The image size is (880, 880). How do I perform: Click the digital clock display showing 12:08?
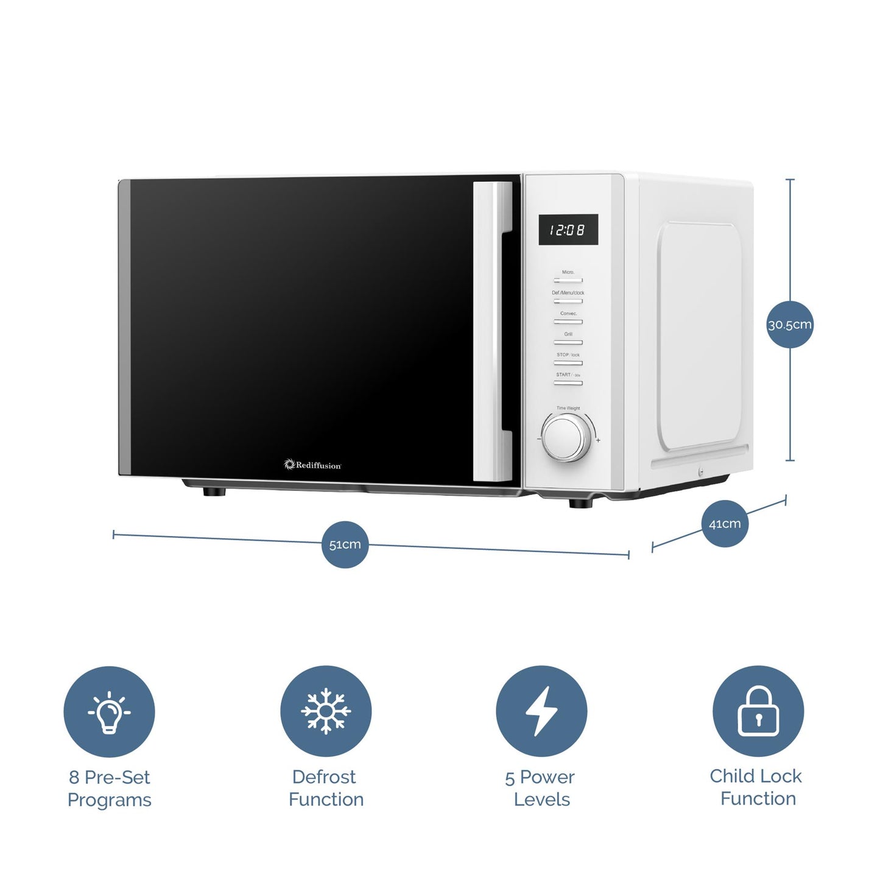pos(568,230)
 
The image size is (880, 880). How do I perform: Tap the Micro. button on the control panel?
pos(568,280)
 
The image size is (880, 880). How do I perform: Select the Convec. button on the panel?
pos(568,322)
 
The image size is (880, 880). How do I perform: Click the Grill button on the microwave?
pos(568,342)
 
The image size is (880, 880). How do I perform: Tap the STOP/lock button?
pos(568,363)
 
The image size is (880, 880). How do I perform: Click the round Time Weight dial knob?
pos(566,437)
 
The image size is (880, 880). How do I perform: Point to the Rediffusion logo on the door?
pos(313,465)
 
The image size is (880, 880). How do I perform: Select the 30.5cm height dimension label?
pos(789,325)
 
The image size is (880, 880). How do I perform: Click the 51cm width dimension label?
pos(345,544)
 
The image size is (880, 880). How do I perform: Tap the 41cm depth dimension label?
pos(724,524)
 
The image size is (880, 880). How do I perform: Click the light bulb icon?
pos(109,711)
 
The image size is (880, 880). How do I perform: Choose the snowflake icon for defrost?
pos(326,711)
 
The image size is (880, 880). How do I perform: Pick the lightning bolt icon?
pos(541,711)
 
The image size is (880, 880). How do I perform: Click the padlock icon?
pos(758,711)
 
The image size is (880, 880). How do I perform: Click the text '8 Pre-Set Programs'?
pos(110,788)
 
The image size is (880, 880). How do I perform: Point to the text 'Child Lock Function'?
pos(757,787)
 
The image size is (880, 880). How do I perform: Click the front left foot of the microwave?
pos(214,491)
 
